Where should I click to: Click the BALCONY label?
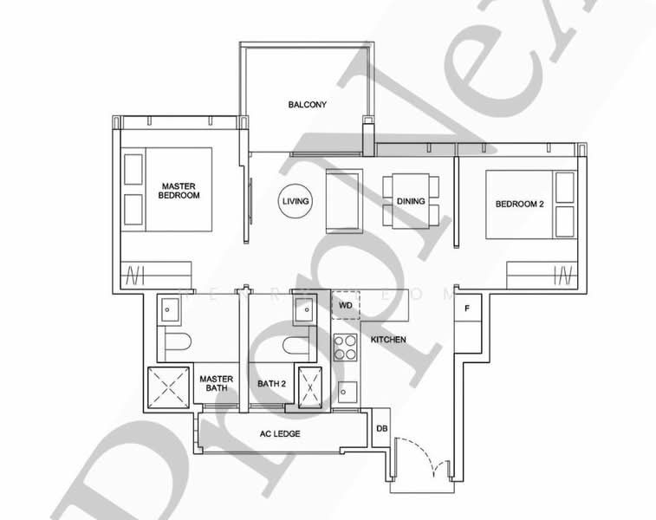(x=307, y=105)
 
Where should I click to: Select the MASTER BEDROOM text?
(x=179, y=191)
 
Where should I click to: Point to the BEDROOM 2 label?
(x=519, y=205)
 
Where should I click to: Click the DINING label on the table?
(x=411, y=201)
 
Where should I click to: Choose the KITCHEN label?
(x=387, y=340)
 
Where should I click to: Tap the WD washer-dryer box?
(x=345, y=306)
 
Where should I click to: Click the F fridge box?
(x=468, y=309)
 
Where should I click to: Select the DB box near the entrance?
(x=381, y=428)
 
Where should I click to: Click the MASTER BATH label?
(x=213, y=383)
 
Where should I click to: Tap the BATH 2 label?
(x=271, y=383)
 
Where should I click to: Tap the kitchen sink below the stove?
(x=346, y=392)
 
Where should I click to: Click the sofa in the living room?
(x=341, y=201)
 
